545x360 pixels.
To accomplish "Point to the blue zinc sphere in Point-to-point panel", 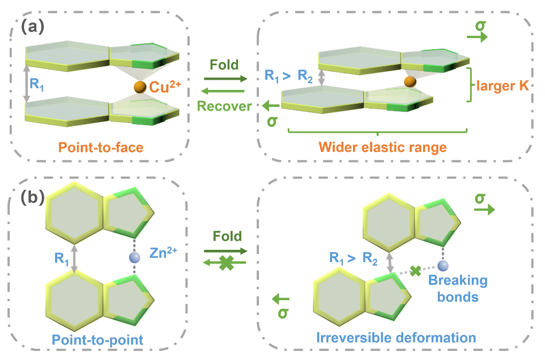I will pos(134,258).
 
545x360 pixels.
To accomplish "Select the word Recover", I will pos(224,106).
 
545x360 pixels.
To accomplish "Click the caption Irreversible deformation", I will pos(396,337).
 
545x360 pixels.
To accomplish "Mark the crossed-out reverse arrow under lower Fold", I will pos(225,263).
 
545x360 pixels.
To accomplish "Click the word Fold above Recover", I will pos(224,65).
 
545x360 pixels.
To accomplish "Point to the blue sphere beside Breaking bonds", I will pos(442,265).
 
